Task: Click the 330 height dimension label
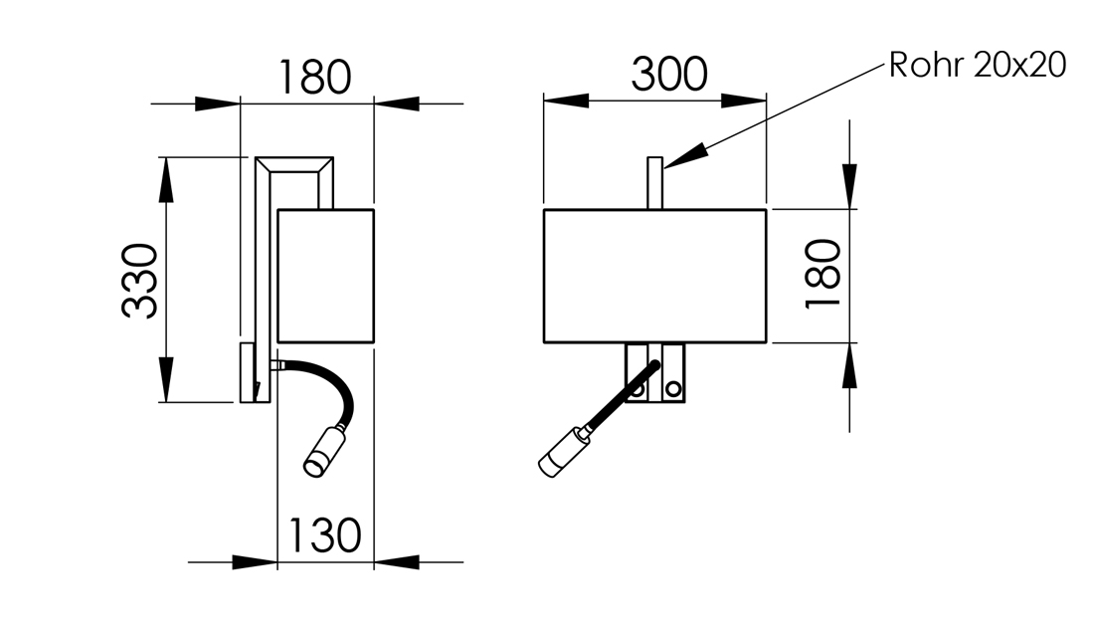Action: (x=140, y=281)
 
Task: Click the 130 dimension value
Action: (x=324, y=535)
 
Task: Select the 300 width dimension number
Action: (x=669, y=74)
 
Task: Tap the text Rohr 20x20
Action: (x=978, y=65)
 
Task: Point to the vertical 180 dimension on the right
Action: (x=823, y=274)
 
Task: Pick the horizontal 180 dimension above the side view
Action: (x=314, y=77)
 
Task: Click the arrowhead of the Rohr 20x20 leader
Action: (x=685, y=155)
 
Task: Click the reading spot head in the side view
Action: (x=321, y=452)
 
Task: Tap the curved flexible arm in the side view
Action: (x=346, y=391)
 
